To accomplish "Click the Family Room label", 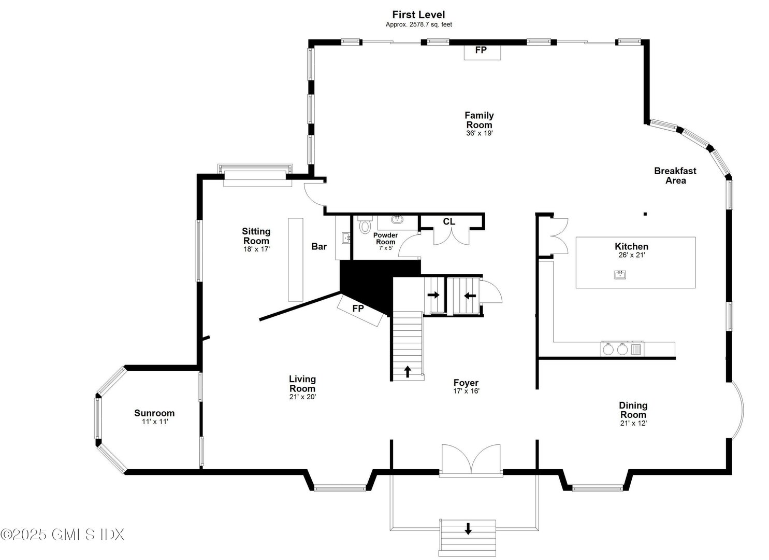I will click(478, 120).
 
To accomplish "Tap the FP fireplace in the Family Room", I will click(481, 51).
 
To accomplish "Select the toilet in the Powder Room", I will click(366, 226).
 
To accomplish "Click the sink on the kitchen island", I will click(620, 274).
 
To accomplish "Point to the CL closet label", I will click(448, 221).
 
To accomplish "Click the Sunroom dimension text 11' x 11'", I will click(155, 422).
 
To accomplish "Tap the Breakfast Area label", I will click(675, 175).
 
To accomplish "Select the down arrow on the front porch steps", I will click(468, 528).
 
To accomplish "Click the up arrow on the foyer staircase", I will click(408, 371).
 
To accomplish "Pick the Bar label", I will click(319, 246).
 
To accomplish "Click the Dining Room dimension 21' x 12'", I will click(633, 423).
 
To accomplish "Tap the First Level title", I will click(418, 15).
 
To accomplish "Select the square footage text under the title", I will click(418, 24).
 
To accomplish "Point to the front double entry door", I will click(471, 459).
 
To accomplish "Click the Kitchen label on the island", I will click(631, 246).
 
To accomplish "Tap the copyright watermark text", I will click(62, 534).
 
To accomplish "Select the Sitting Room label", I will click(256, 236).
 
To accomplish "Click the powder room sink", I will click(398, 219).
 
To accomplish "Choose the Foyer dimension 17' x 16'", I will click(466, 391).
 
